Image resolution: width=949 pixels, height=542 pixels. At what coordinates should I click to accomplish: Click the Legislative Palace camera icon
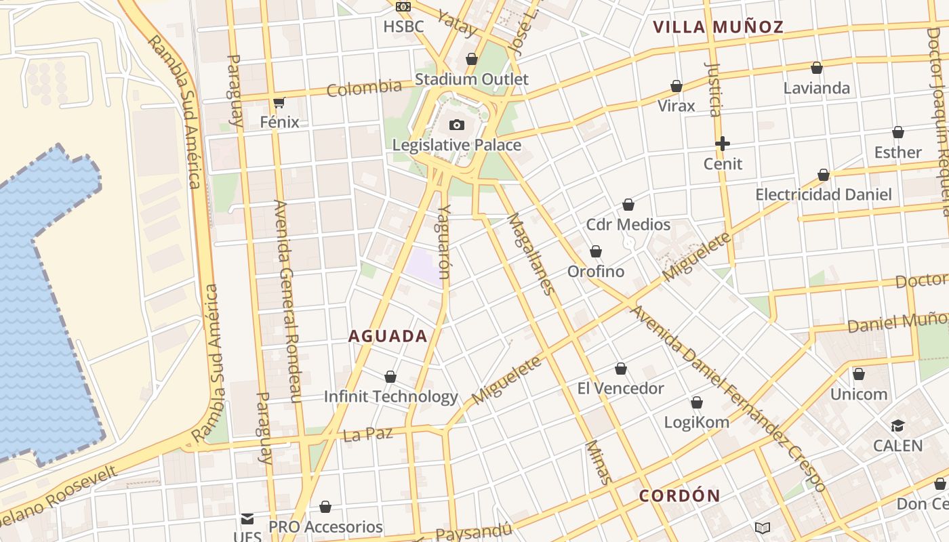457,125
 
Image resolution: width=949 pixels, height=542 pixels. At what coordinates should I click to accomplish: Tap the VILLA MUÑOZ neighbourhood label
718,27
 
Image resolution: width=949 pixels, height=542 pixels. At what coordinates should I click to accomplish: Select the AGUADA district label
388,336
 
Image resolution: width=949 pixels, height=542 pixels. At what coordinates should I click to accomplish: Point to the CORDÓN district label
679,496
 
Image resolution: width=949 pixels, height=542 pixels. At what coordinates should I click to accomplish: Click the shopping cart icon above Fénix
279,103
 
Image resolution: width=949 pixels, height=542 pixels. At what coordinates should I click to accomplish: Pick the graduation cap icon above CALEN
897,425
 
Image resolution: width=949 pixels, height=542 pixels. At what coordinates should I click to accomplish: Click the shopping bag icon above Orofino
596,251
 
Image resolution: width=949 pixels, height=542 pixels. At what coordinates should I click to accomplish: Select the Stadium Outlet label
472,79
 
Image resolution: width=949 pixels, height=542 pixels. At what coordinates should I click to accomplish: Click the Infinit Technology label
390,396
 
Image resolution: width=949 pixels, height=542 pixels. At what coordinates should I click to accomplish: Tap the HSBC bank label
403,27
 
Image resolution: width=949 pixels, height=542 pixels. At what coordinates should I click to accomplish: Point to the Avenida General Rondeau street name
286,301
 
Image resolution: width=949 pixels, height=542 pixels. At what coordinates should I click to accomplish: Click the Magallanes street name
531,254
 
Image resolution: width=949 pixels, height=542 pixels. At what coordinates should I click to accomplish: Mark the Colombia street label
364,88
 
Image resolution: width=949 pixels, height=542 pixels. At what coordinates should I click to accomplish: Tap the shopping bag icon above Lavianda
817,68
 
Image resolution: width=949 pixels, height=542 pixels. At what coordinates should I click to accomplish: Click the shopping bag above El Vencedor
621,369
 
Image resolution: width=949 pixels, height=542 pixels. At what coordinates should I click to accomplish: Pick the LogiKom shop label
696,422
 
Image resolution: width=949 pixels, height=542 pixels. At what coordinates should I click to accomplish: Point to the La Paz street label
367,434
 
